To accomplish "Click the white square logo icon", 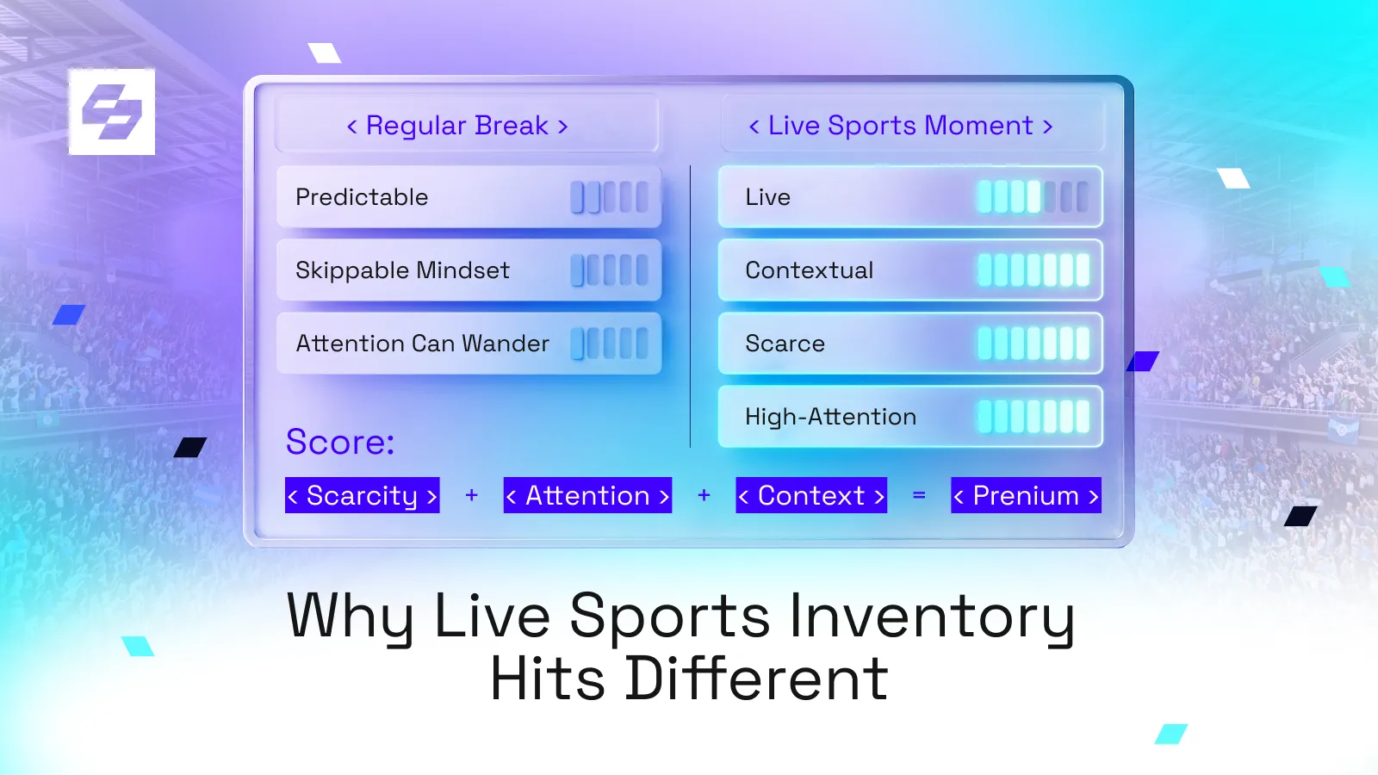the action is (111, 111).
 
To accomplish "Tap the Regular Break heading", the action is (457, 126).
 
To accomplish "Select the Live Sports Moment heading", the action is (901, 126).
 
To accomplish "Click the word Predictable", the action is (362, 197).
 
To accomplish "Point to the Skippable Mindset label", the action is (402, 270).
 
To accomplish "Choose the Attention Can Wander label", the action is (422, 344).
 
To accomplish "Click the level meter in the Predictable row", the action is (610, 197).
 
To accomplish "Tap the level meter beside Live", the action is (1033, 197).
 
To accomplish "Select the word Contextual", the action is (809, 270).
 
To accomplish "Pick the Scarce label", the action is (785, 344).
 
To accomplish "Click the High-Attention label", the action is (830, 417).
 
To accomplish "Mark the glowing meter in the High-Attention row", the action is (1033, 417).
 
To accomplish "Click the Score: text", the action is (340, 442).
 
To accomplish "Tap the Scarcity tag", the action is (363, 495).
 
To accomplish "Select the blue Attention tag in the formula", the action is (587, 495).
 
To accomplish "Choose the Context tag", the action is (811, 495).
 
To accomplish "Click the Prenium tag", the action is (1026, 495).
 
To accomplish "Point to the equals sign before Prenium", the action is (919, 495).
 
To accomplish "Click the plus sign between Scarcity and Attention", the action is (471, 495).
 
